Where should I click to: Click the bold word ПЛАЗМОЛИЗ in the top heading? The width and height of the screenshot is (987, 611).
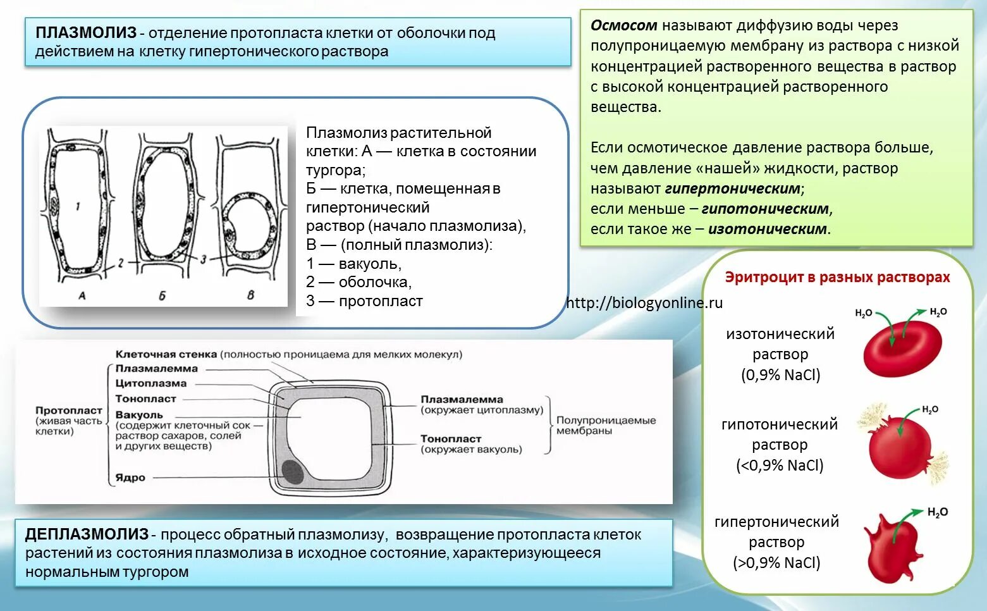tap(85, 33)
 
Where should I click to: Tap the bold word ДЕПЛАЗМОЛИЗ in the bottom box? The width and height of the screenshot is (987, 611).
tap(87, 534)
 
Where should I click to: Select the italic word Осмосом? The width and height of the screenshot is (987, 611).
tap(623, 26)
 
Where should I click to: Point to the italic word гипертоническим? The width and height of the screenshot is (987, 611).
tap(732, 188)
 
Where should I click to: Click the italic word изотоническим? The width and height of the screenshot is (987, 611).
tap(767, 229)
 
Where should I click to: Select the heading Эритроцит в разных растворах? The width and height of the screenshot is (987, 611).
tap(837, 278)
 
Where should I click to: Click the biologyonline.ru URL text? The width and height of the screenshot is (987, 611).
tap(644, 303)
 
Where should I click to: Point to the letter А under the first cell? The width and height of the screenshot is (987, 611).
tap(82, 295)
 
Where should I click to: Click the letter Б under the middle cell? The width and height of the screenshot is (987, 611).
tap(162, 295)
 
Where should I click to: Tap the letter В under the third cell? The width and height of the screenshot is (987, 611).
tap(250, 295)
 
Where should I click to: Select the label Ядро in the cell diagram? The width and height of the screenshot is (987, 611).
tap(130, 478)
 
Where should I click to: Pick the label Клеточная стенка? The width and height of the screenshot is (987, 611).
tap(166, 355)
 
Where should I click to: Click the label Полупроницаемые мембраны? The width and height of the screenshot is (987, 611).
tap(606, 426)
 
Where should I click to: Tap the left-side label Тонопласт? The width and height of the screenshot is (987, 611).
tap(145, 399)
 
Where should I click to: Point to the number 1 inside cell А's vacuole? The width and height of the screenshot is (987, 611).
tap(78, 207)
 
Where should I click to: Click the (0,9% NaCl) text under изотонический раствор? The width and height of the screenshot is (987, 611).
tap(780, 375)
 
